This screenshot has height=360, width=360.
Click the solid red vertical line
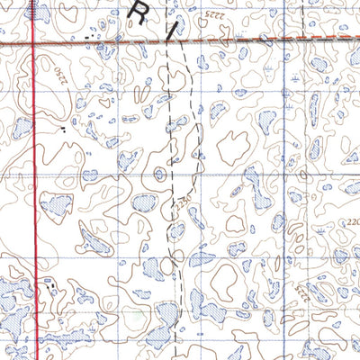click(34, 180)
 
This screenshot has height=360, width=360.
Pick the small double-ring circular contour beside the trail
click(159, 174)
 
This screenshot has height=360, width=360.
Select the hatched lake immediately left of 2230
click(144, 203)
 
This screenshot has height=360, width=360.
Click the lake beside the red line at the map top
click(38, 11)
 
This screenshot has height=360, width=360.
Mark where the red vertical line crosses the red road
click(34, 42)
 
